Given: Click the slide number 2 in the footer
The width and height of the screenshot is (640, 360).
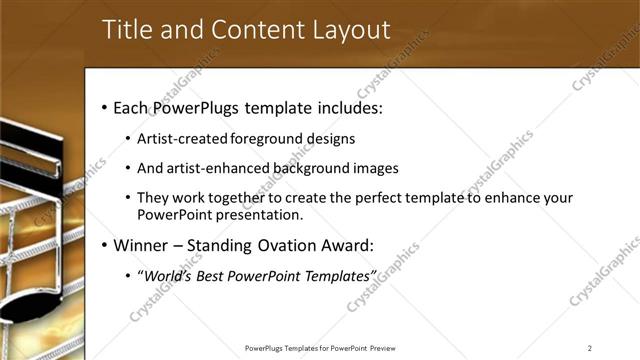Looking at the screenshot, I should (x=590, y=348).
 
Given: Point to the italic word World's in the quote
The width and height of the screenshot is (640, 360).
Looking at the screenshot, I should (x=169, y=274).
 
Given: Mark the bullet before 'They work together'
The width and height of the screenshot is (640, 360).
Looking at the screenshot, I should (x=128, y=198).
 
